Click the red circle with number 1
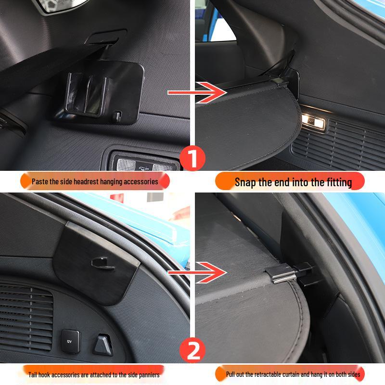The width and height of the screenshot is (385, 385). (x=192, y=158)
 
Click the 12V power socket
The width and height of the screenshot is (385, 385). (x=69, y=338)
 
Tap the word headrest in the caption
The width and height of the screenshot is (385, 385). (x=81, y=182)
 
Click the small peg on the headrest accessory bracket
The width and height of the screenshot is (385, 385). (x=117, y=115)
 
